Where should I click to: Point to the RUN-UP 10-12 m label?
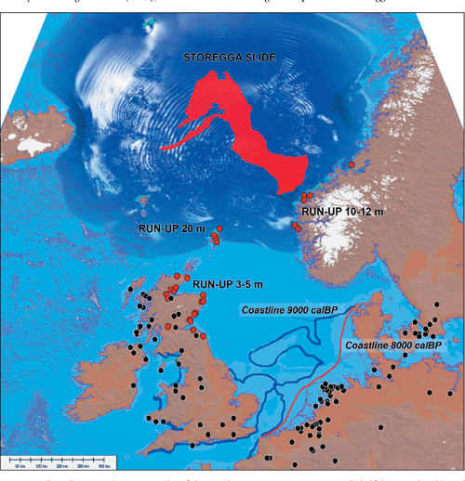pos(343,212)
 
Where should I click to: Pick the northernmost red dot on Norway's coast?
pos(352,163)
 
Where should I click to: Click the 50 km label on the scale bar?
pos(20,465)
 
